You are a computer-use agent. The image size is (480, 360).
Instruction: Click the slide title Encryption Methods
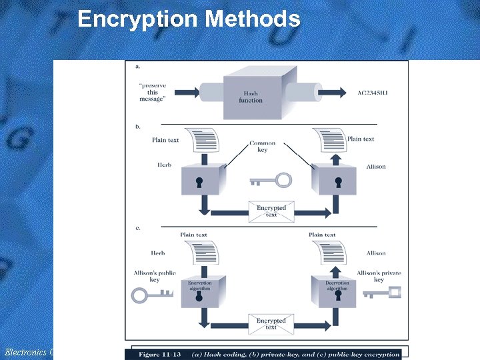[x=189, y=19]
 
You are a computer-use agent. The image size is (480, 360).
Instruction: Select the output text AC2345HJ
[x=372, y=93]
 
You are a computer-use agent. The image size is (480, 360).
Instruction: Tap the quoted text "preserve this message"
[x=153, y=93]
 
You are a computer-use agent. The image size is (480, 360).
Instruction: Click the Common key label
[x=262, y=146]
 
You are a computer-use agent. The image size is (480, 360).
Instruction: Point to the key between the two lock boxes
[x=271, y=180]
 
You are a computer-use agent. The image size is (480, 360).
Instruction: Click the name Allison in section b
[x=375, y=167]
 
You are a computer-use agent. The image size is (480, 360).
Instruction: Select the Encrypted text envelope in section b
[x=271, y=211]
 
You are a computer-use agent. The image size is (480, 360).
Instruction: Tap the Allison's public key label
[x=154, y=276]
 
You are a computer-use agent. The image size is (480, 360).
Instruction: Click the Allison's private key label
[x=379, y=276]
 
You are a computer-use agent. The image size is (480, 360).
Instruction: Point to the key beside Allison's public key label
[x=151, y=294]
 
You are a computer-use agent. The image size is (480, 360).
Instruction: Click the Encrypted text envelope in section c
[x=271, y=324]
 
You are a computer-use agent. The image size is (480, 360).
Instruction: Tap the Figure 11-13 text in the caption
[x=163, y=353]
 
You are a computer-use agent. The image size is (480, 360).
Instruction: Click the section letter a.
[x=137, y=66]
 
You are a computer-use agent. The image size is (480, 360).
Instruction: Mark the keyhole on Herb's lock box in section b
[x=199, y=181]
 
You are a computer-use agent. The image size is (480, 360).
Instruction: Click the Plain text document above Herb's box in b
[x=203, y=141]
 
